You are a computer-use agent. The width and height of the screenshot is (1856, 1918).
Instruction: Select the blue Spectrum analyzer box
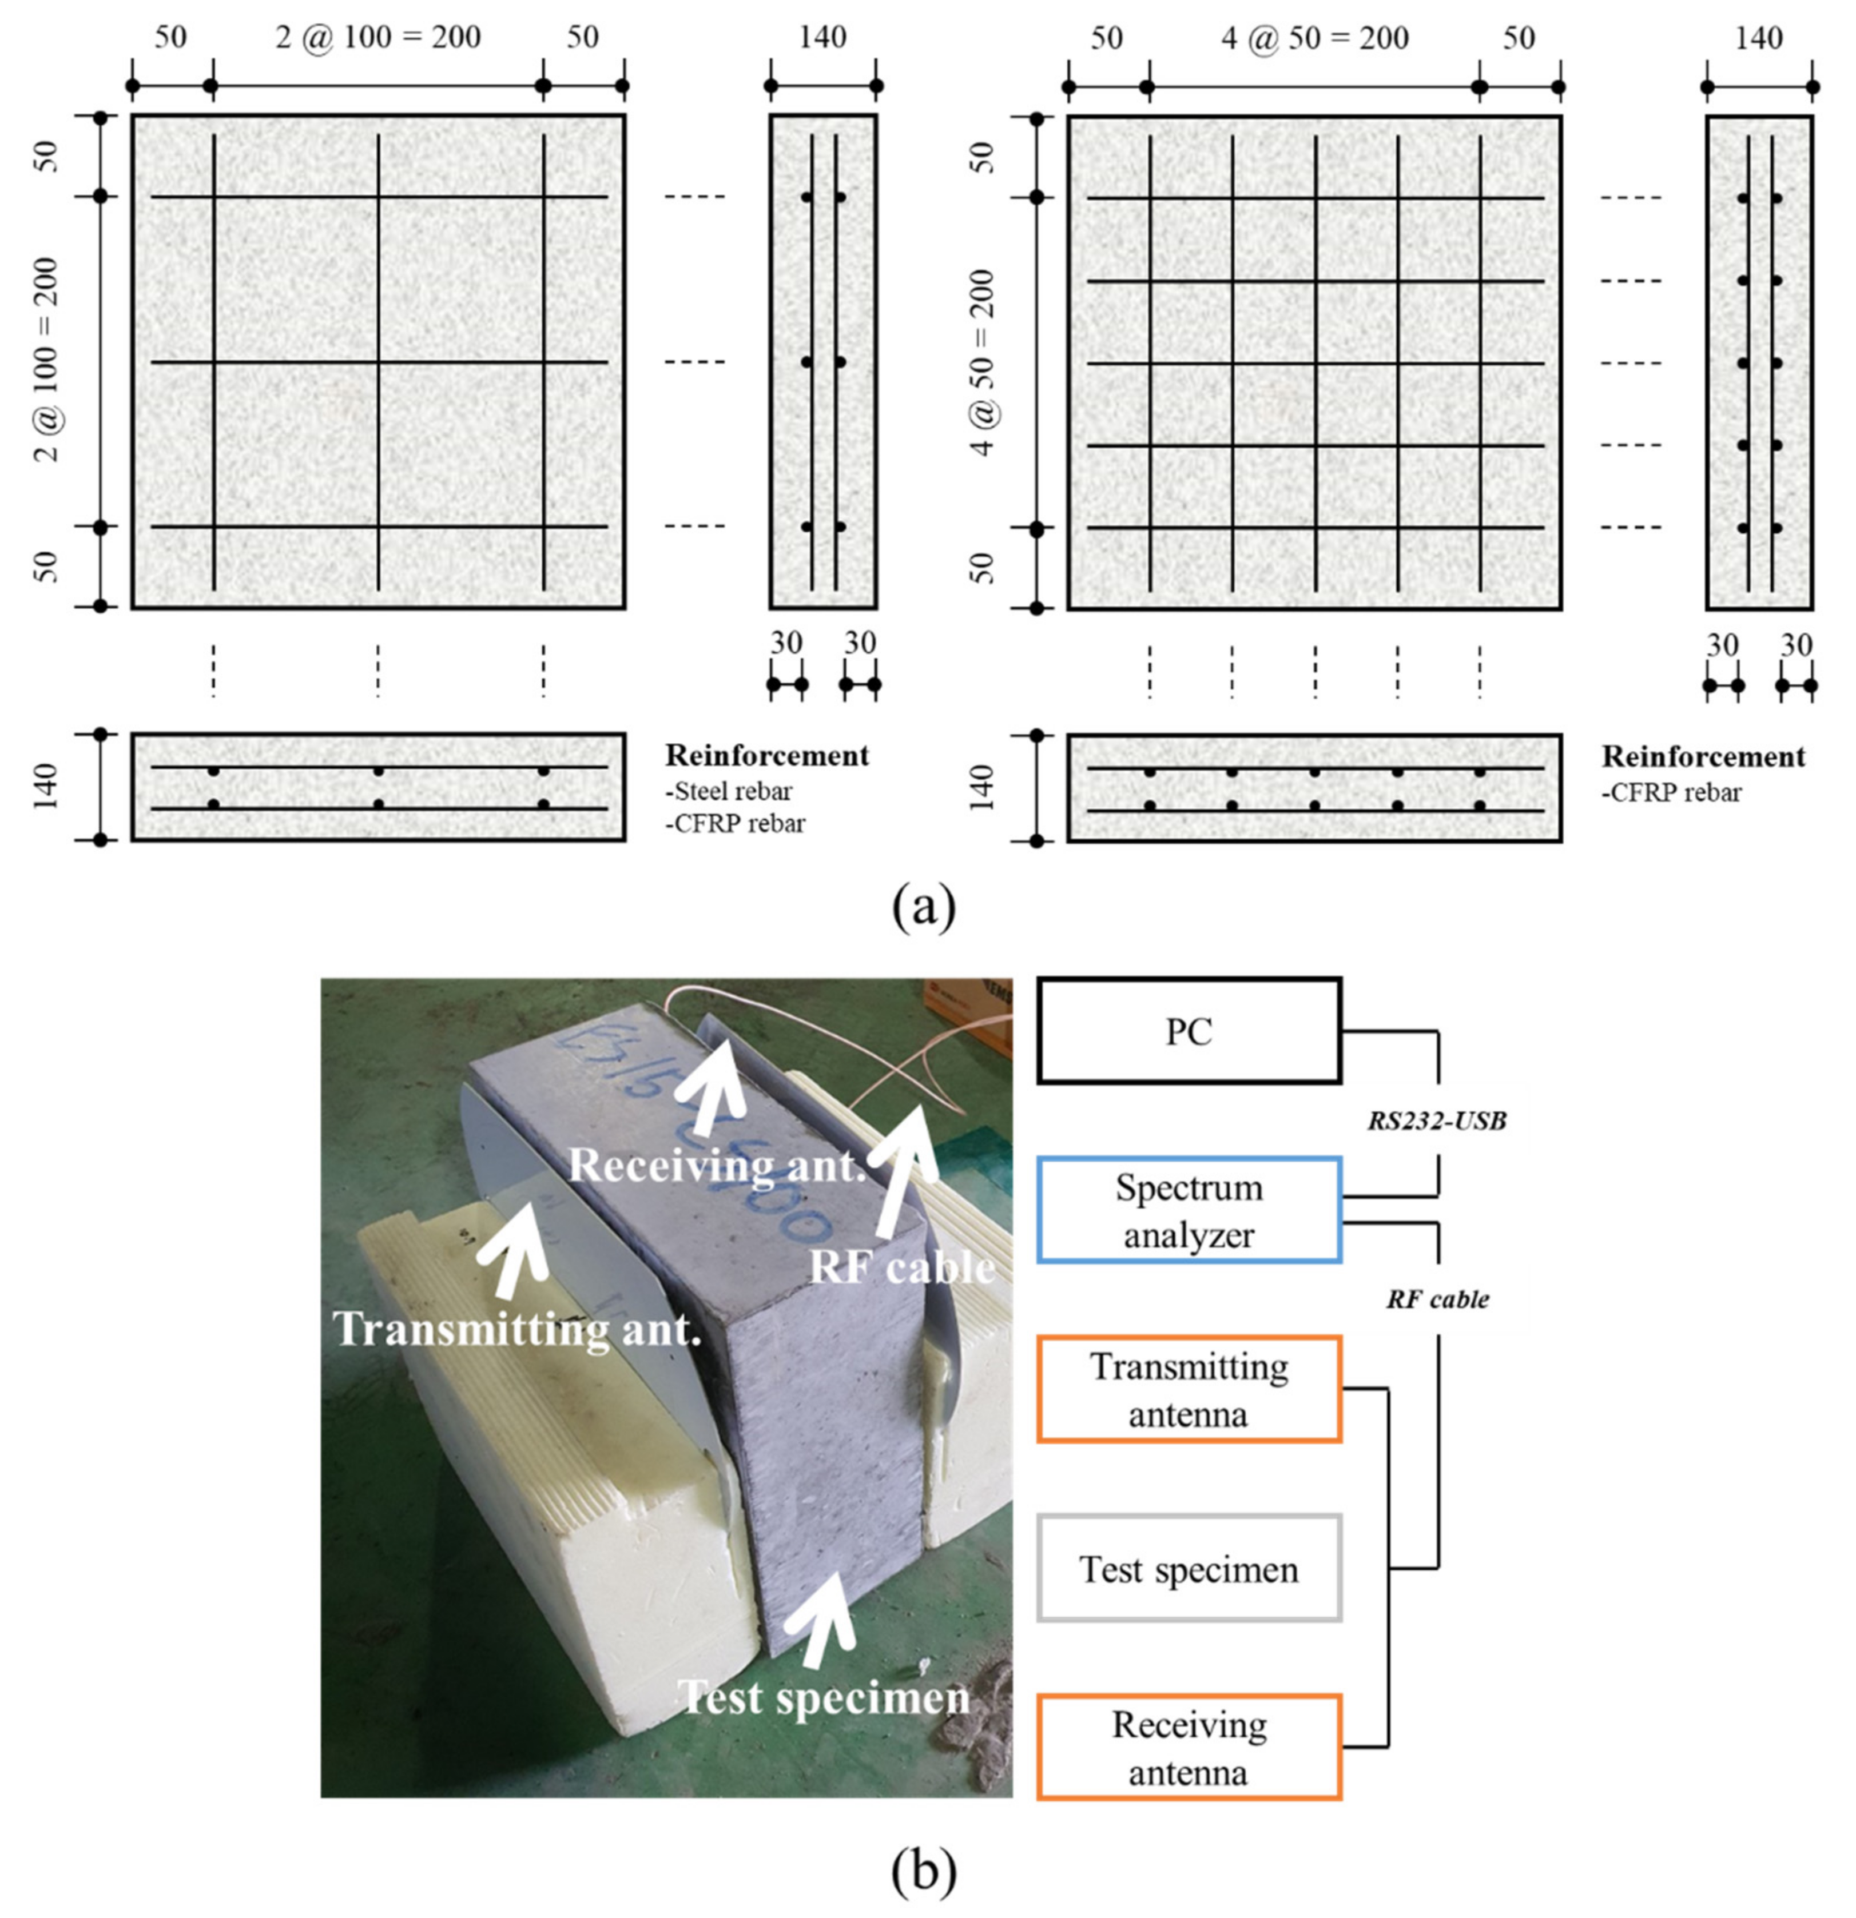coord(1189,1210)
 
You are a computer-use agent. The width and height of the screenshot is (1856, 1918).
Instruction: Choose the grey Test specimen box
coord(1189,1569)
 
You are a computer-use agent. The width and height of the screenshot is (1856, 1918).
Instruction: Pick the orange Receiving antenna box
coord(1189,1748)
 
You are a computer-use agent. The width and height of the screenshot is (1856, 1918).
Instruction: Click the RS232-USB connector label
coord(1436,1121)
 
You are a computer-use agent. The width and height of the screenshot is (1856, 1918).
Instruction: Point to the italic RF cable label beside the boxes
coord(1436,1299)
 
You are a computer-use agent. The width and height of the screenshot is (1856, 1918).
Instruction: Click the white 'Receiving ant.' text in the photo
coord(718,1165)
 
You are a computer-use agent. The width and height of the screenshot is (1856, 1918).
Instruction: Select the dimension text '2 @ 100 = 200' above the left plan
coord(378,37)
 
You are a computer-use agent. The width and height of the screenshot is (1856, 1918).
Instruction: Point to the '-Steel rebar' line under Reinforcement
coord(729,791)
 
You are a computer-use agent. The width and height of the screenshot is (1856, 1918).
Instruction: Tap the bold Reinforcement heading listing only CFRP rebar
coord(1703,756)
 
